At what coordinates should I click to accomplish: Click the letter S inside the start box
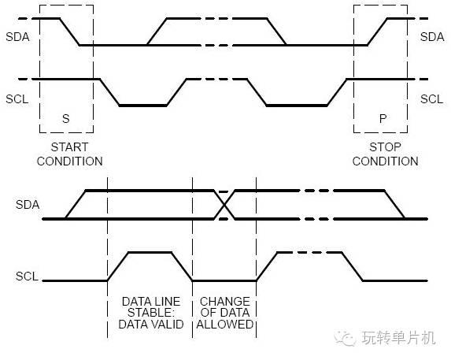[66, 119]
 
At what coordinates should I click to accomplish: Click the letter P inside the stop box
[383, 119]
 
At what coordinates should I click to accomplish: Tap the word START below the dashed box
[69, 147]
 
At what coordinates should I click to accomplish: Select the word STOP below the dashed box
[385, 147]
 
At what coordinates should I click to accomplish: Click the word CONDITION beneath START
[69, 161]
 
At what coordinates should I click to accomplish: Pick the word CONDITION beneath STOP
[385, 161]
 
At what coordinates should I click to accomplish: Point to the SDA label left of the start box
[17, 37]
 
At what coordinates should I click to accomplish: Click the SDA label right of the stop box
[432, 37]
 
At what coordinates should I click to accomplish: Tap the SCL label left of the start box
[17, 99]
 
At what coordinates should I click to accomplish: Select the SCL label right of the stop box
[431, 99]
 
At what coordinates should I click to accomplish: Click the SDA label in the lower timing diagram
[28, 205]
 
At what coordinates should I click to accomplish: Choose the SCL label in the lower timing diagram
[27, 276]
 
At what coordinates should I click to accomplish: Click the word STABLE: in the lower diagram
[150, 313]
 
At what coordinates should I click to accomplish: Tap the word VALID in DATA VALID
[168, 325]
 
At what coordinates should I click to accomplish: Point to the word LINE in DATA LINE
[168, 302]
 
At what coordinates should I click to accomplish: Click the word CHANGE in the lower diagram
[224, 302]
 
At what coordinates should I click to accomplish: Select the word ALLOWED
[224, 325]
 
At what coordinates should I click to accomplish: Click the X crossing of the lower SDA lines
[224, 205]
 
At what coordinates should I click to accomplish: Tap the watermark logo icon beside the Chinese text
[345, 338]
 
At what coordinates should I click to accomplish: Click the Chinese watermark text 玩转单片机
[398, 338]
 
